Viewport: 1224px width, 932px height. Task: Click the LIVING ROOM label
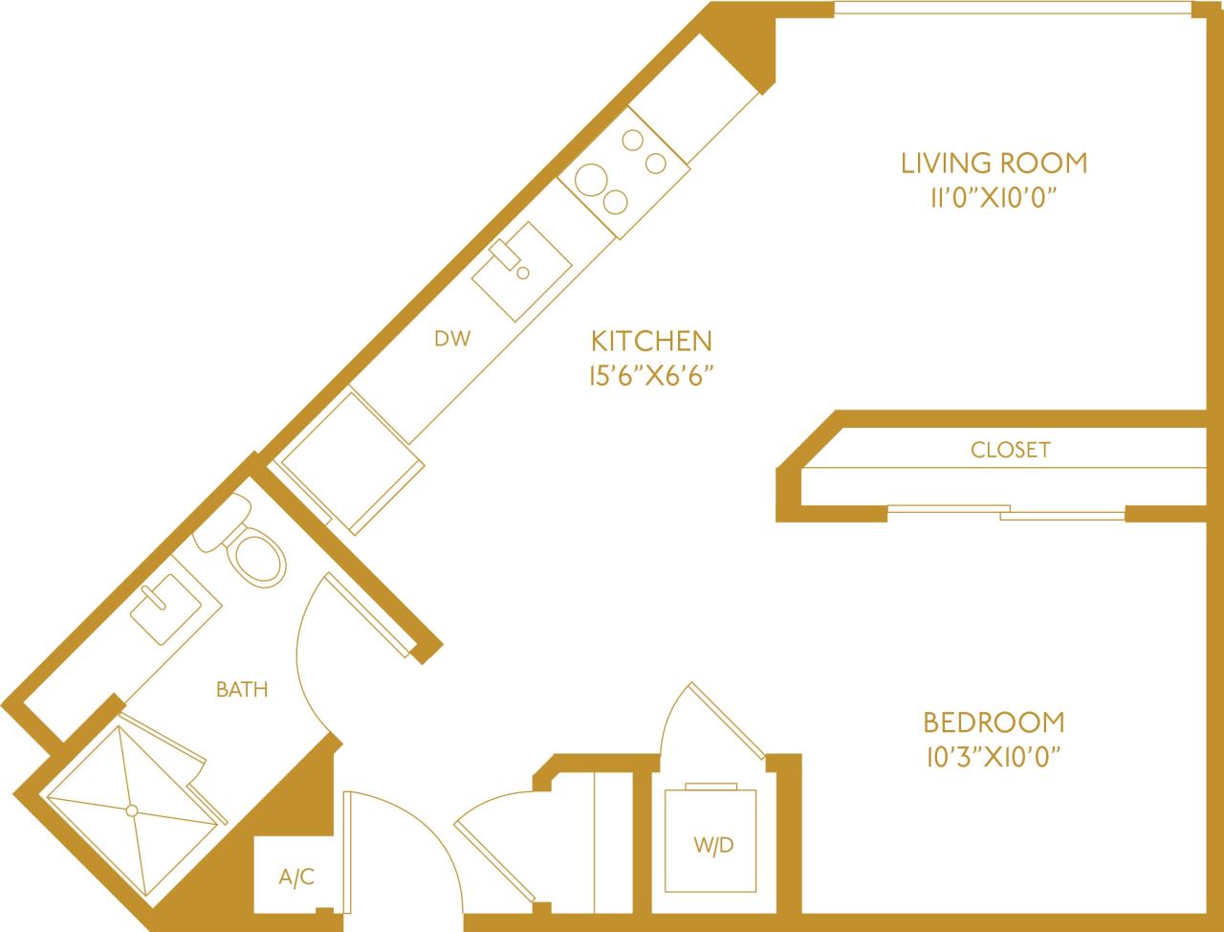(x=994, y=163)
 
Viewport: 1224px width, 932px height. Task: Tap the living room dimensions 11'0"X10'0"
(x=994, y=198)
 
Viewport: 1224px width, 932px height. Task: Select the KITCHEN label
(x=651, y=341)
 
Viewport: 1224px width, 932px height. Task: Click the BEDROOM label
(x=994, y=721)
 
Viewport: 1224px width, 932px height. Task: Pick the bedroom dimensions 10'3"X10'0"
(x=994, y=757)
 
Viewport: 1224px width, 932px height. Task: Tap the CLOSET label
(x=1010, y=450)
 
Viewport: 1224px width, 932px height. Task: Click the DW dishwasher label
(x=452, y=338)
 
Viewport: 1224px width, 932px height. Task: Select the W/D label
(x=713, y=846)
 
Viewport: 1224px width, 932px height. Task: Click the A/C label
(x=296, y=877)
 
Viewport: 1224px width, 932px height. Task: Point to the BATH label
(x=242, y=689)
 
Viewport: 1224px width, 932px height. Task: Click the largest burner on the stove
(x=591, y=179)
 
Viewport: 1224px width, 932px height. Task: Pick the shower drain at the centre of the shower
(x=133, y=810)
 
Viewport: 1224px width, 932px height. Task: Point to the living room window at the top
(x=1014, y=10)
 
